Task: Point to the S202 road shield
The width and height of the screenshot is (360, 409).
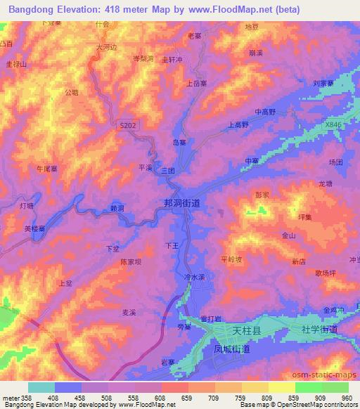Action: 127,125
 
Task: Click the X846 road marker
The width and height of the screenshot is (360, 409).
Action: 334,124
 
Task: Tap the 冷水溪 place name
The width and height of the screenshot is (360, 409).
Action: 193,278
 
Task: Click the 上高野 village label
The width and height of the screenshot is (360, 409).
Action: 238,124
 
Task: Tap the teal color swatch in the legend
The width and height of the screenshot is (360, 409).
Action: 41,387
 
